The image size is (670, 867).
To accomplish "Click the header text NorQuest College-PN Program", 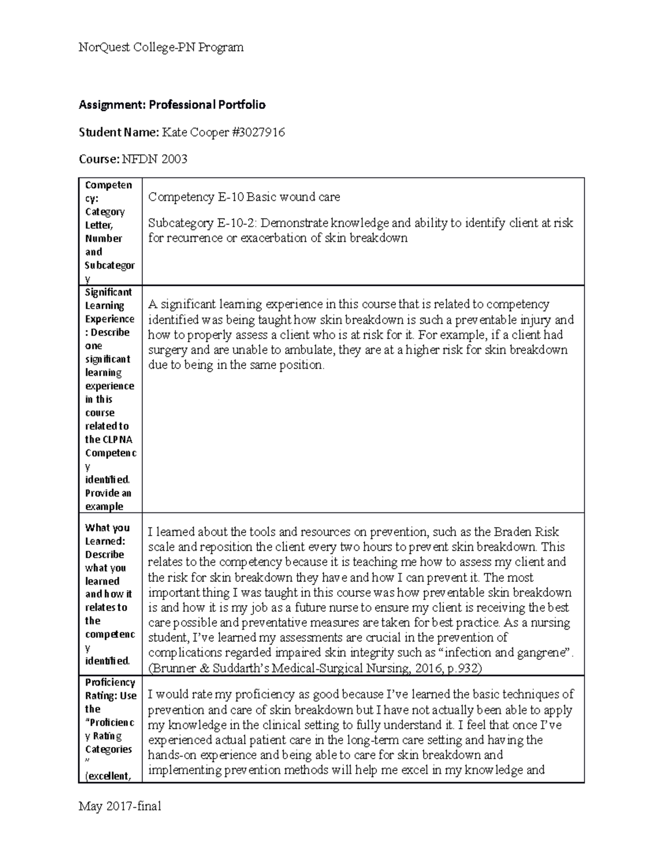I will pyautogui.click(x=161, y=47).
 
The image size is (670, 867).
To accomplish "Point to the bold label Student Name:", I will pyautogui.click(x=118, y=132).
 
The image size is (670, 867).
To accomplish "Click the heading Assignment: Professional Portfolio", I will pyautogui.click(x=172, y=105).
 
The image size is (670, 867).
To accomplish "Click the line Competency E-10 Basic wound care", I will pyautogui.click(x=244, y=197).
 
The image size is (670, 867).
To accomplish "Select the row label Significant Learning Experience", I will pyautogui.click(x=109, y=305).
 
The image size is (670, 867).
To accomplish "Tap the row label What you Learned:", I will pyautogui.click(x=107, y=534).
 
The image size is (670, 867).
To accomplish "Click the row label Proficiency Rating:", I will pyautogui.click(x=110, y=689).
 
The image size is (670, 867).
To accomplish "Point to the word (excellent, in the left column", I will pyautogui.click(x=108, y=776).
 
